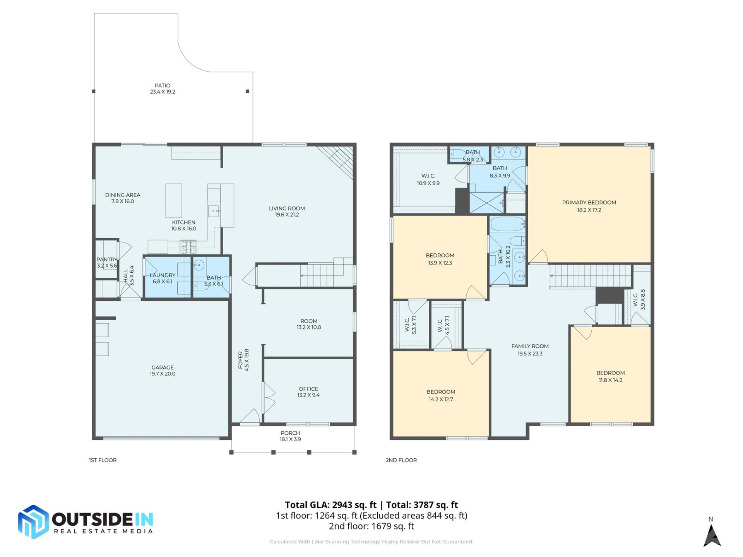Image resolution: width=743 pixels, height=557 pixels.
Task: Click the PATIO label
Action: [x=163, y=85]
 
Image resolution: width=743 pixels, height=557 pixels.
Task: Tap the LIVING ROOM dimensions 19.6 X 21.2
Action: [x=287, y=215]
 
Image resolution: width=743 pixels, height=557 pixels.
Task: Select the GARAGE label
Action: [x=163, y=367]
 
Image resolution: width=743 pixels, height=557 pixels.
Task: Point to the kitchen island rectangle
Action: [x=174, y=200]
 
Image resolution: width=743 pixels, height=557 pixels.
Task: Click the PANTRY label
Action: [x=106, y=260]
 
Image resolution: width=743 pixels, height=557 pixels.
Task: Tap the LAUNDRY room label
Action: [x=163, y=275]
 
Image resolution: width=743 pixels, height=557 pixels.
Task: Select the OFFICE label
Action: [x=308, y=389]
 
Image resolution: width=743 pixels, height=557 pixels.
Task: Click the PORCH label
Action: [x=290, y=433]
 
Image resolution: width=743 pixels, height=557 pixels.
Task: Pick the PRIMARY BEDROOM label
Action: [x=589, y=202]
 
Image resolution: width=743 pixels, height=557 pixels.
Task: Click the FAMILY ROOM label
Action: [x=530, y=346]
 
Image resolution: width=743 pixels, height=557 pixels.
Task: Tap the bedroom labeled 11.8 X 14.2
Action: [x=610, y=376]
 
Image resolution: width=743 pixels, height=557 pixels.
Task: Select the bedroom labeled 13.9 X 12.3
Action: [x=440, y=259]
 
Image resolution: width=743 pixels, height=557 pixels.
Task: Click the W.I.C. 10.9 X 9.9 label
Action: [x=428, y=179]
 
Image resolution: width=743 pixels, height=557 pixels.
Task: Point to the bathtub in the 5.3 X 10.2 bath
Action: [x=507, y=224]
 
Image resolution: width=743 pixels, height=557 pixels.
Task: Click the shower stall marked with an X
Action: [x=486, y=203]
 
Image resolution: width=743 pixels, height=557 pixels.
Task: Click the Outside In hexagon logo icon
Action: [x=34, y=522]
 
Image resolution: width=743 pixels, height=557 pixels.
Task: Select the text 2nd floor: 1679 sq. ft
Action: [x=371, y=526]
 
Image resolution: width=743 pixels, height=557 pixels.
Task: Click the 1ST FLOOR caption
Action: [x=103, y=460]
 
